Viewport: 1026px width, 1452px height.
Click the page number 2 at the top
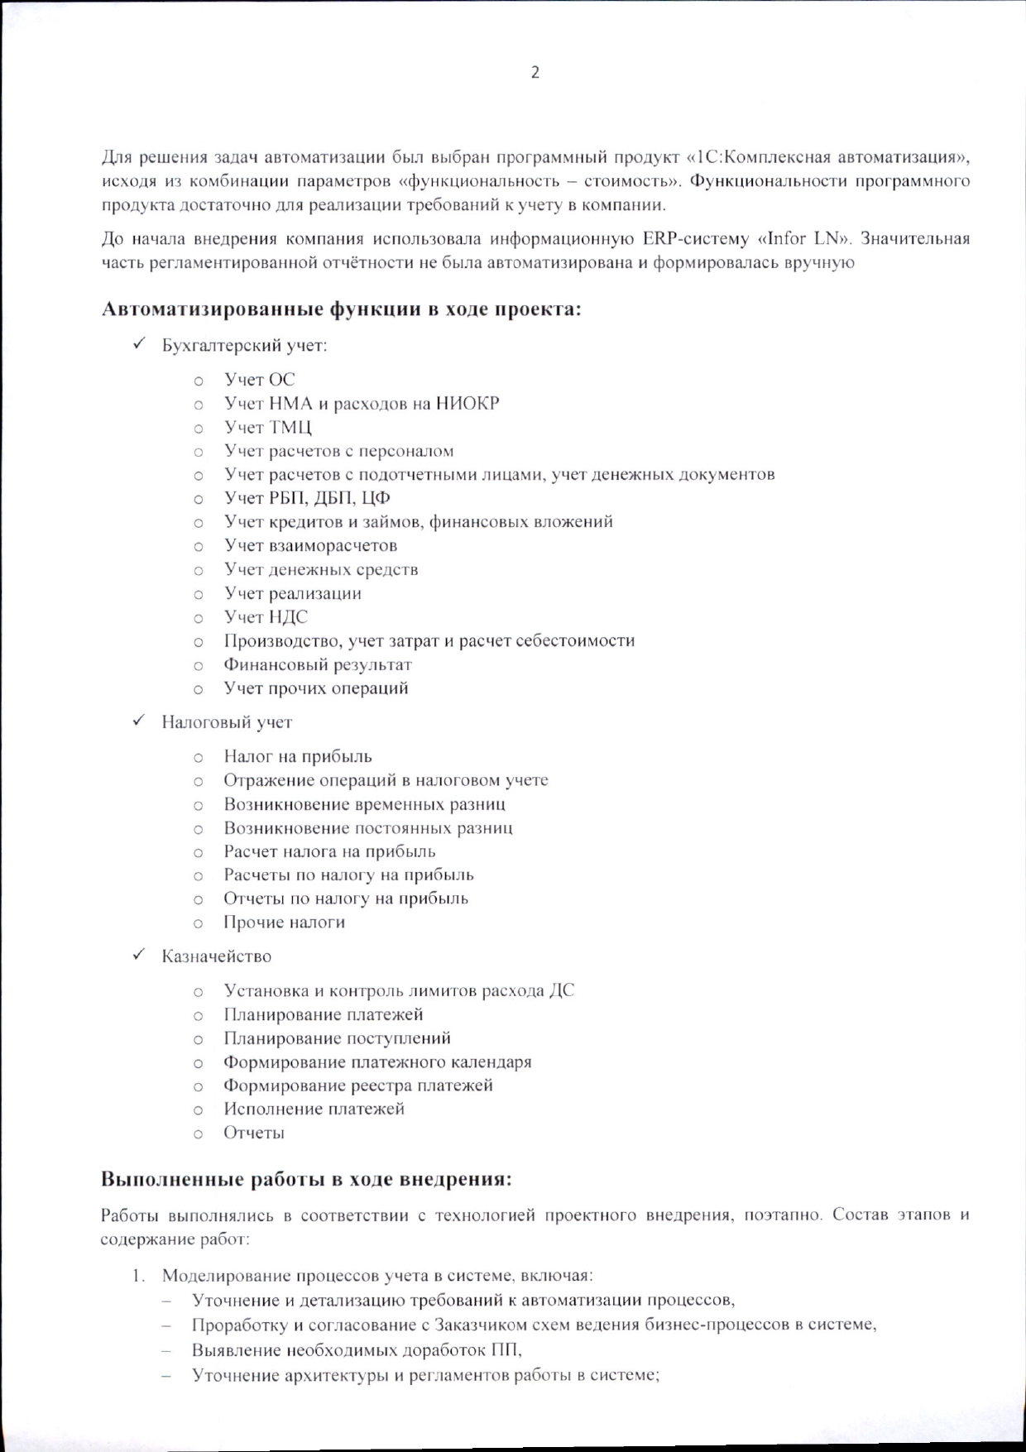coord(535,73)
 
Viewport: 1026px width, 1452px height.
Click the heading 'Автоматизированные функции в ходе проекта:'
coord(341,309)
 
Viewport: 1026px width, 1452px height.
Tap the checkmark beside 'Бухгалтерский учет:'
coord(140,343)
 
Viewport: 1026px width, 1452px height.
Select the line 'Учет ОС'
coord(259,380)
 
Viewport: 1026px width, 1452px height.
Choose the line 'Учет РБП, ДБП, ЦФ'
coord(307,499)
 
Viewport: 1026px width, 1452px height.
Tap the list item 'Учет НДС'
coord(266,617)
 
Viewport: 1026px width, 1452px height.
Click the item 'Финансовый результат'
coord(317,664)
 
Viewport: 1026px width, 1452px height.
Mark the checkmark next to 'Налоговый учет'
coord(140,721)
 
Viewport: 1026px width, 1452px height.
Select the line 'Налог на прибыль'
coord(298,756)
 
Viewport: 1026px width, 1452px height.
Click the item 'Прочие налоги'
coord(284,922)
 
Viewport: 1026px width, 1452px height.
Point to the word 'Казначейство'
coord(217,956)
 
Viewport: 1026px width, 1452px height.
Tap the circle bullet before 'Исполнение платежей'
coord(199,1109)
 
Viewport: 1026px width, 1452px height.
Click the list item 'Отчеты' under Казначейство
coord(253,1133)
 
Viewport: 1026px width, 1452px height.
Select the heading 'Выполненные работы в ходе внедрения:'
coord(306,1179)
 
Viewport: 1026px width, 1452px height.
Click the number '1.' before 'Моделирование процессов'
coord(139,1276)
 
